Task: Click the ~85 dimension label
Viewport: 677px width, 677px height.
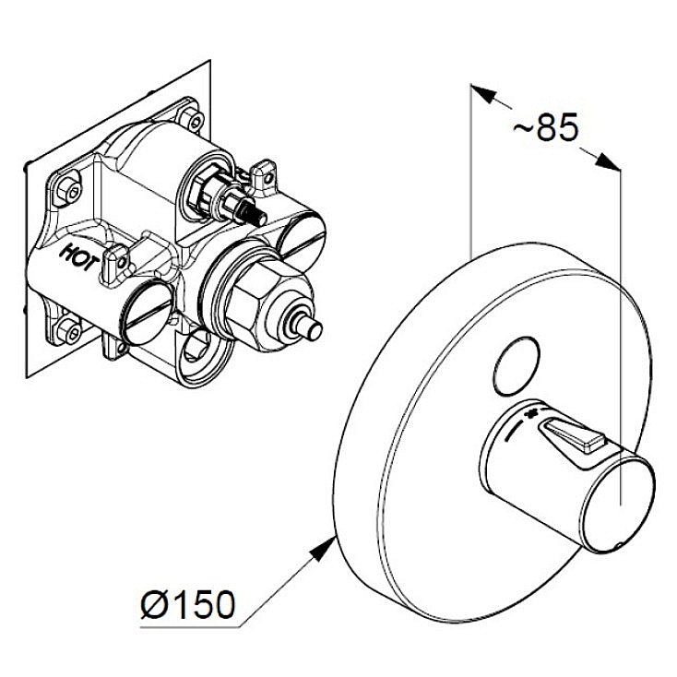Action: click(545, 127)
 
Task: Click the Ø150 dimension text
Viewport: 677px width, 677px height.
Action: click(188, 604)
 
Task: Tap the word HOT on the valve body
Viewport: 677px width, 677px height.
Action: click(81, 257)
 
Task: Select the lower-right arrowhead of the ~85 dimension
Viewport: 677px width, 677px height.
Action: click(608, 162)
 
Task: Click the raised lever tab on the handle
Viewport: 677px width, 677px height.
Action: click(573, 435)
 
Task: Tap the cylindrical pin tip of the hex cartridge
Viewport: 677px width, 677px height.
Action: click(309, 329)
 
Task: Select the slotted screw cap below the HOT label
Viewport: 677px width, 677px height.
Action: click(145, 313)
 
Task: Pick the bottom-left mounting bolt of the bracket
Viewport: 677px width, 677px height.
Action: click(68, 330)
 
